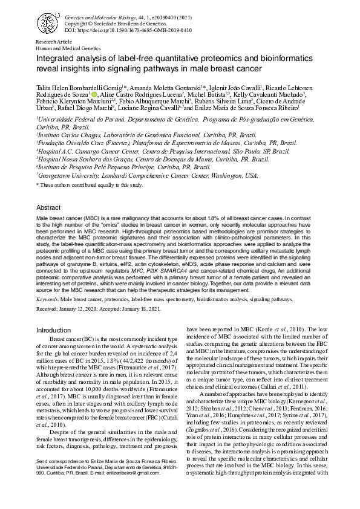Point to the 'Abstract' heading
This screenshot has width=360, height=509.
48,207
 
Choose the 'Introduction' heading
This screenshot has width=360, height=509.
53,330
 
